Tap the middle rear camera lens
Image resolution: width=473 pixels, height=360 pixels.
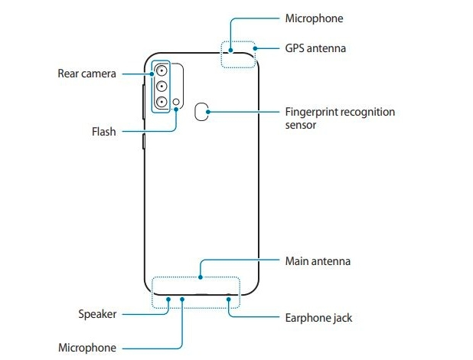pos(162,86)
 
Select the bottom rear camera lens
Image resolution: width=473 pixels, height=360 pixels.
pos(162,101)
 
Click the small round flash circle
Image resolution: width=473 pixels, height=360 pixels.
pos(177,101)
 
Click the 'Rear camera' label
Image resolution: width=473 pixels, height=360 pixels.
pos(86,74)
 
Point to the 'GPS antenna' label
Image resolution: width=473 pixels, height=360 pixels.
pos(315,48)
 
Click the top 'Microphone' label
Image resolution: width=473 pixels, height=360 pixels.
pos(314,18)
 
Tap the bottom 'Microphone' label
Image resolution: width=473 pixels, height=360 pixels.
pos(87,348)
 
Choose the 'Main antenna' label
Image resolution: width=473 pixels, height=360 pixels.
pos(317,261)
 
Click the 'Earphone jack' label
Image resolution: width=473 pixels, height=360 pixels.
pos(318,317)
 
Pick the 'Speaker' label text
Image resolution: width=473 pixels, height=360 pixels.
pos(97,314)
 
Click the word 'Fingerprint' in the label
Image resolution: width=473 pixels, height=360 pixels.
pos(312,112)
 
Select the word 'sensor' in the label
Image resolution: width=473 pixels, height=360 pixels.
pos(301,124)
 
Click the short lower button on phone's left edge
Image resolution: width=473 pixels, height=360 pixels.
pos(143,141)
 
